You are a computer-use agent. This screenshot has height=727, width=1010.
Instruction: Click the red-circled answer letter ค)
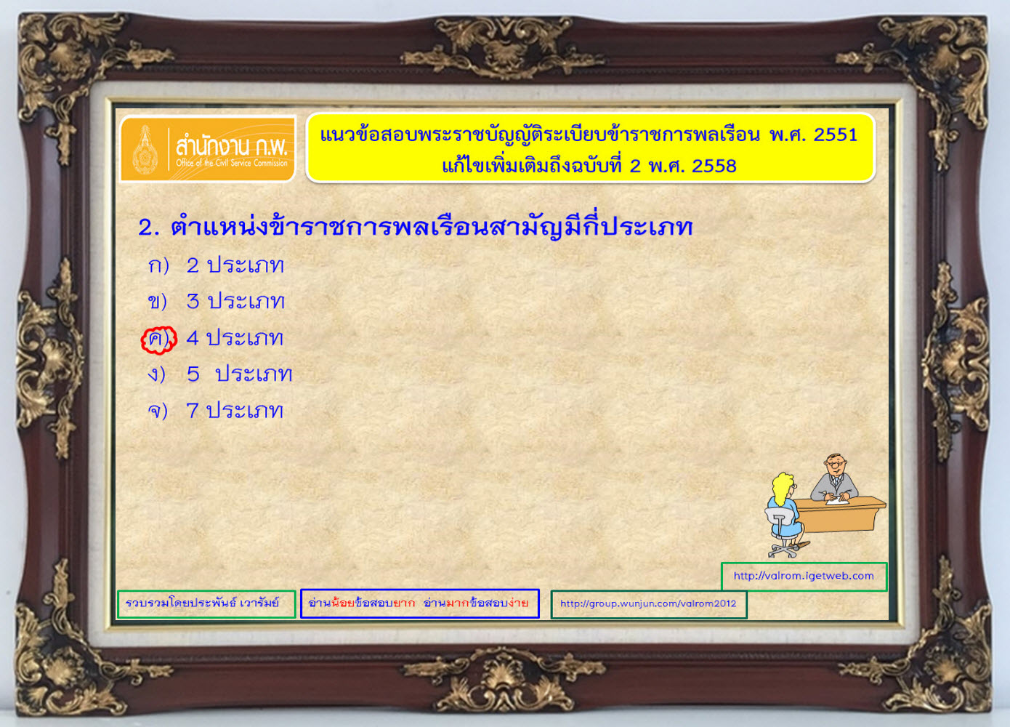158,340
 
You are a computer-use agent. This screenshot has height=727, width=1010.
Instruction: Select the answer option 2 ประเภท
235,265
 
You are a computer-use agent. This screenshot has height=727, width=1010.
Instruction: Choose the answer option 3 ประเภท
235,301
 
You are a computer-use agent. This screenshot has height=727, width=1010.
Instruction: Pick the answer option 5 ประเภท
240,374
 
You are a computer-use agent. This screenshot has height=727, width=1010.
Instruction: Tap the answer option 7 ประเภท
235,411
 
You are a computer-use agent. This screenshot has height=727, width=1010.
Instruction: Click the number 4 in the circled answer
193,338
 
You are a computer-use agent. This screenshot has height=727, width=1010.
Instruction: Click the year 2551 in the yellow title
835,134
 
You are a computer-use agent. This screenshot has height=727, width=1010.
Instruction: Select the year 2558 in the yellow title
714,166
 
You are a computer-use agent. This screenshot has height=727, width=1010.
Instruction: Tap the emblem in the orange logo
145,150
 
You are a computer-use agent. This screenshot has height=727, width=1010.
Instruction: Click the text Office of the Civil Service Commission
232,163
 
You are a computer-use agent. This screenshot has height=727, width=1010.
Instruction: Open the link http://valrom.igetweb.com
804,576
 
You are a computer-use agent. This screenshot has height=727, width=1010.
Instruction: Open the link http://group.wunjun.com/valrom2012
648,603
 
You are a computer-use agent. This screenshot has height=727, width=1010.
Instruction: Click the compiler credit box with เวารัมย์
206,603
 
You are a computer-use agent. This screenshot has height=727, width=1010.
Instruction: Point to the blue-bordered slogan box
419,603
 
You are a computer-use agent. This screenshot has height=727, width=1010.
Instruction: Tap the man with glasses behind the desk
834,478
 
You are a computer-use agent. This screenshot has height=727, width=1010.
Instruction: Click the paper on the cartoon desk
838,500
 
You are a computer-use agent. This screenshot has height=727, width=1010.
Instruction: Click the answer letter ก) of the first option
158,265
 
